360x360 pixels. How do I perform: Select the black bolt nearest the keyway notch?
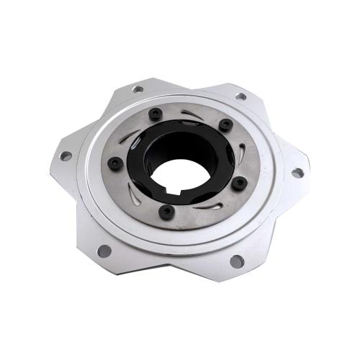tap(167, 212)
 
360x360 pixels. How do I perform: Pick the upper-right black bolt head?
tap(225, 124)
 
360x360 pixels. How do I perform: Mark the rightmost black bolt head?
tap(238, 183)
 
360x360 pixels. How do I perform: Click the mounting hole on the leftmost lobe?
tap(65, 156)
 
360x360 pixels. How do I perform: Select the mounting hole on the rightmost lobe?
tap(297, 173)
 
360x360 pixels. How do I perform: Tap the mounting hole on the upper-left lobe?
tap(138, 89)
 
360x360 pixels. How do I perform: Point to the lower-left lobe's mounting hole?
tap(104, 251)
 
